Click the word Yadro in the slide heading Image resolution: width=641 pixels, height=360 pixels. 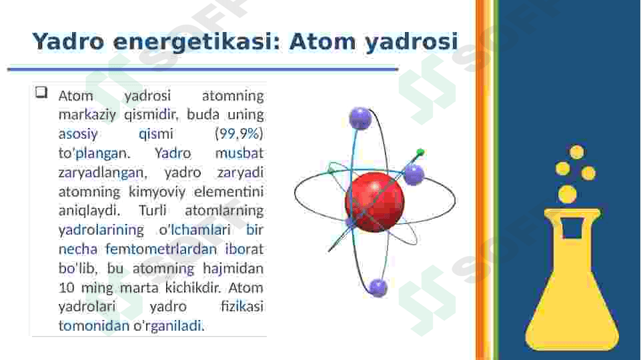(68, 42)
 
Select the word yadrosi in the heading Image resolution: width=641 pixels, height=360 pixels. (412, 42)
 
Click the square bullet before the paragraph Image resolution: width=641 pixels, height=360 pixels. (41, 93)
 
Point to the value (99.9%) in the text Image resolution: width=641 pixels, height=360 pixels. (239, 133)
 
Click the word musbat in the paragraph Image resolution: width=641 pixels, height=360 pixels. (239, 153)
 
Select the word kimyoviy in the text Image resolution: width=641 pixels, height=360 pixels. (157, 191)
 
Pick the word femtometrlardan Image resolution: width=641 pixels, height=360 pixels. (161, 249)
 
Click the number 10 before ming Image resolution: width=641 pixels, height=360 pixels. (66, 288)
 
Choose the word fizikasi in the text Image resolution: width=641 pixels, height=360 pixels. (242, 306)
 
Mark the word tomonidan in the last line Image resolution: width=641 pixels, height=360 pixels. (94, 326)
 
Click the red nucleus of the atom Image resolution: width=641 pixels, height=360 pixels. (375, 202)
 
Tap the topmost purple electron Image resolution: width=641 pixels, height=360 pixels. (361, 119)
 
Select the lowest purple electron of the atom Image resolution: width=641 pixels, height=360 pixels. (378, 287)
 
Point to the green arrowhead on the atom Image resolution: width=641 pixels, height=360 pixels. (420, 153)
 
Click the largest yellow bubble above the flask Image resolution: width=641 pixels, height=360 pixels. (568, 194)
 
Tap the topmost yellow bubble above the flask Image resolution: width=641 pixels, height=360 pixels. (577, 151)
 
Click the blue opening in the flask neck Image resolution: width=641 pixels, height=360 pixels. (572, 227)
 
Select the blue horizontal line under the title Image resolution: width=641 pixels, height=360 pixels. (203, 69)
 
